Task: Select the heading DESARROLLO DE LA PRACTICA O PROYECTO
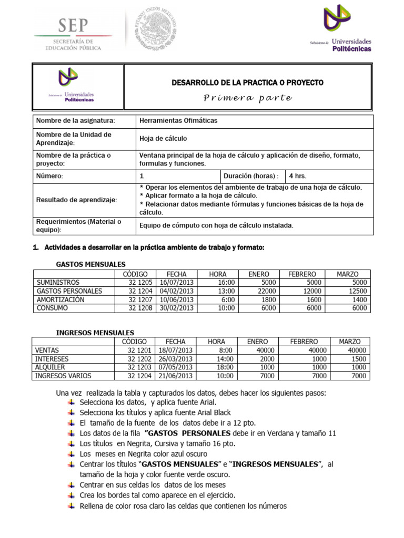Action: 248,83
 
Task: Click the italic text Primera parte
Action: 248,98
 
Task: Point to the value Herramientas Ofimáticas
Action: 178,121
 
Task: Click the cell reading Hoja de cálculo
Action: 163,139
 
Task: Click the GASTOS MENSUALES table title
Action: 90,264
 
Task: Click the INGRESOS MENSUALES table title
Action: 95,333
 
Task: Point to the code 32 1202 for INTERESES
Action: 139,359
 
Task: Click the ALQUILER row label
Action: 50,367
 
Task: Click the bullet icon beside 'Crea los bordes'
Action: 72,495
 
